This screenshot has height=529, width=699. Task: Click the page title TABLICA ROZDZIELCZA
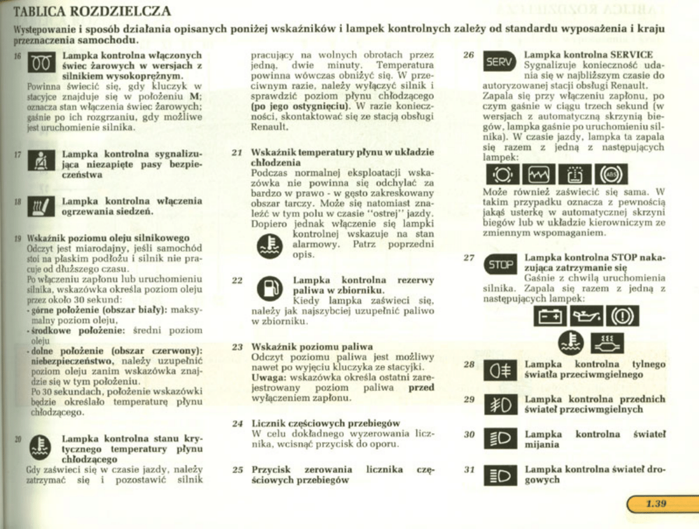pyautogui.click(x=93, y=11)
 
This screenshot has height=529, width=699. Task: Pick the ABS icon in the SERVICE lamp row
pyautogui.click(x=610, y=175)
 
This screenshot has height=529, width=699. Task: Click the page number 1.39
pyautogui.click(x=656, y=504)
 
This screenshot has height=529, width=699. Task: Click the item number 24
pyautogui.click(x=237, y=423)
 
